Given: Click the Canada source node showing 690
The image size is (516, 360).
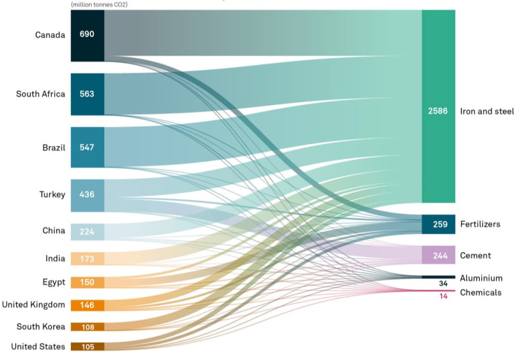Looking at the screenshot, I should (87, 35).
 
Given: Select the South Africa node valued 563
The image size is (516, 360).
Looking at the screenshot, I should (87, 94).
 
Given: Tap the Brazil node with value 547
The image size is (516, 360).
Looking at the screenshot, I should (87, 148).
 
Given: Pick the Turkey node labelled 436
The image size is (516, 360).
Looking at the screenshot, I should (87, 195).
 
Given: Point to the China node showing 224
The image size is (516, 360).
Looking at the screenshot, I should (87, 231).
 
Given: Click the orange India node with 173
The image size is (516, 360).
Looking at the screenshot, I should (87, 259).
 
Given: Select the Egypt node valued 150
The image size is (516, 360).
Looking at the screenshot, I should (87, 282).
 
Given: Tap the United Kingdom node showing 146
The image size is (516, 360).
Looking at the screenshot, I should (87, 305).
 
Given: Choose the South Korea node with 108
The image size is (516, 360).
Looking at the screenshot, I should (87, 327).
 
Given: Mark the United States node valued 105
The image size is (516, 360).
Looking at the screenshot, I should (87, 346).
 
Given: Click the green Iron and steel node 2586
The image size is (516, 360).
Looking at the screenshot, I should (438, 111).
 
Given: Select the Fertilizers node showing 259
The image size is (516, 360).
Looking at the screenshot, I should (438, 224).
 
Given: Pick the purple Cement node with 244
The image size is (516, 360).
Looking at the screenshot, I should (438, 256).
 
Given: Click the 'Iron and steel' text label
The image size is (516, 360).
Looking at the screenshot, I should (487, 111).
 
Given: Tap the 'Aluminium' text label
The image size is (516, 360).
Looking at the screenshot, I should (481, 278).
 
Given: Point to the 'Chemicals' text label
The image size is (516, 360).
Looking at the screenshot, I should (480, 293).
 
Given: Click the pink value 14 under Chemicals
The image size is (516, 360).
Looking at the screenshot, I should (443, 296).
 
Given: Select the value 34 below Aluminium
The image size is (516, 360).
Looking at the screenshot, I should (443, 283).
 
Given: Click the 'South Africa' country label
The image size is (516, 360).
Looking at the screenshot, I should (40, 94).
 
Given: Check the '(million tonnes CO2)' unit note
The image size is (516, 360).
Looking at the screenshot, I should (99, 5).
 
